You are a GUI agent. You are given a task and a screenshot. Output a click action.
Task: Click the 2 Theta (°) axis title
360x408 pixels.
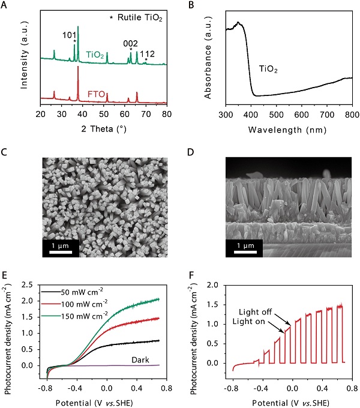click(x=103, y=127)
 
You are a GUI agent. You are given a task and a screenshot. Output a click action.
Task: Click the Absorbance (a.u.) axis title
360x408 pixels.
click(x=209, y=58)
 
